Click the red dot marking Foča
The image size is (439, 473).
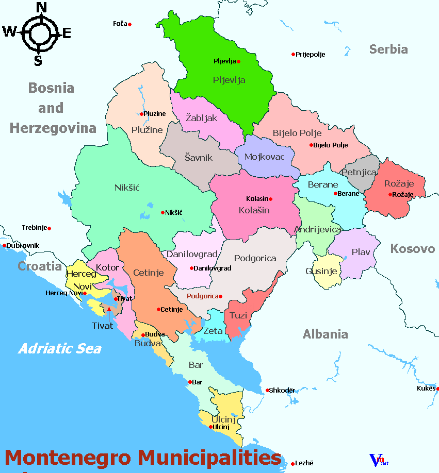[129, 24]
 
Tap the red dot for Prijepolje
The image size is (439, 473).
[293, 54]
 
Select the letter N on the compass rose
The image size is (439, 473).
[42, 7]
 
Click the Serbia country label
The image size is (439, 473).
[388, 49]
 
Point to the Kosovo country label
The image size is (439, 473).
[412, 249]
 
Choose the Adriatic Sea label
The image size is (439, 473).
[60, 349]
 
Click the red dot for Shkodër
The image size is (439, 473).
[268, 390]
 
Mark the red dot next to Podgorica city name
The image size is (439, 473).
[220, 296]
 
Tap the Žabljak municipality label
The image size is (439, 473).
[202, 118]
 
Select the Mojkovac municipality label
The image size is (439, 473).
[264, 157]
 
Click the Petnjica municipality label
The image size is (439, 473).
[359, 172]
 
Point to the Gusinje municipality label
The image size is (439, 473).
[321, 271]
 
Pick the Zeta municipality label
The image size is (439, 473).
[213, 331]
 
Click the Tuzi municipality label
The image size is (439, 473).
[238, 315]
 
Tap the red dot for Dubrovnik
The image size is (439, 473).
[5, 245]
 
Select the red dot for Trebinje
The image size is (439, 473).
[49, 228]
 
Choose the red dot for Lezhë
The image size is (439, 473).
[292, 463]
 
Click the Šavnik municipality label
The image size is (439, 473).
[199, 158]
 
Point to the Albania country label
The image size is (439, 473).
[325, 334]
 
